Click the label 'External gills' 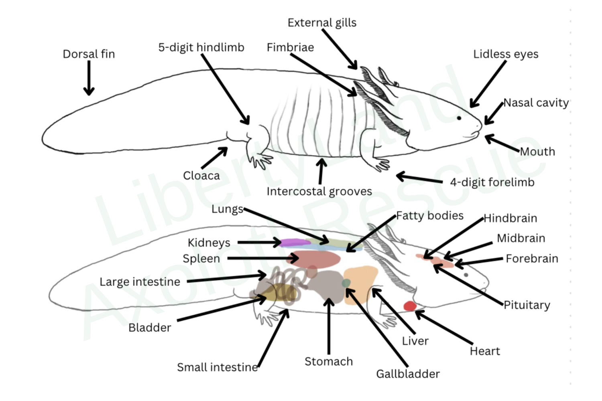pos(322,23)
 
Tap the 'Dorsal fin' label pos(89,54)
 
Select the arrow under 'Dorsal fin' pos(89,78)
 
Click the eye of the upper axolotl pos(459,118)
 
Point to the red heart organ pos(410,306)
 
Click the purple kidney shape pos(295,242)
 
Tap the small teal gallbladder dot pos(346,283)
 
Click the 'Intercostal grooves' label pos(319,191)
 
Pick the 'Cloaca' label pos(201,176)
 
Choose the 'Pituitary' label pos(527,305)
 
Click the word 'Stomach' pos(328,361)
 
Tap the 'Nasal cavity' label pos(536,103)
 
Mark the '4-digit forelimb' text pos(492,182)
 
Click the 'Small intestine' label pos(217,367)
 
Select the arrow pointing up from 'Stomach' pos(329,325)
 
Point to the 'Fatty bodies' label pos(429,216)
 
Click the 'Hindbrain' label pos(510,218)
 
